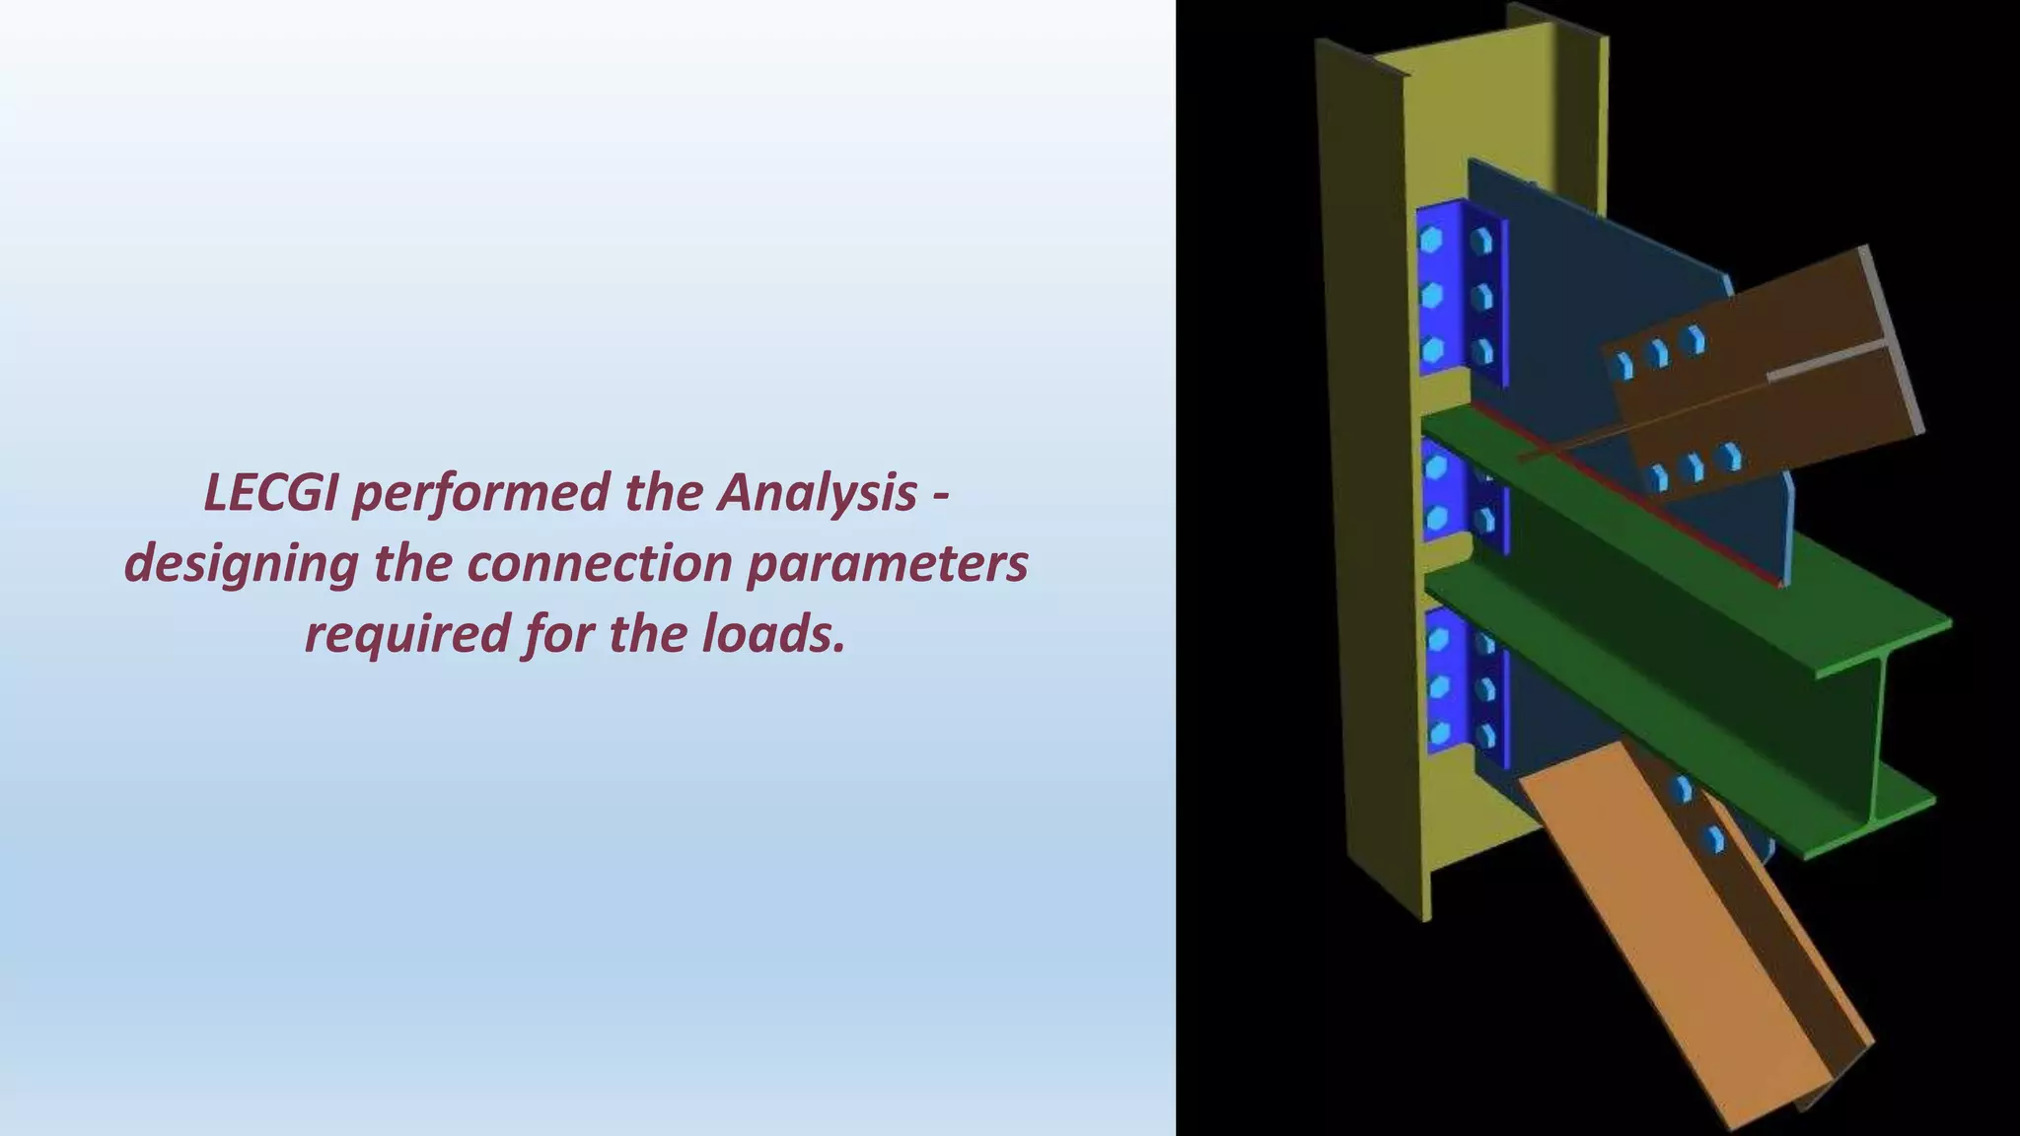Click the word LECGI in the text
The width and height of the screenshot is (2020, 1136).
coord(268,493)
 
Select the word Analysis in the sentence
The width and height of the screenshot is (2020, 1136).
coord(817,493)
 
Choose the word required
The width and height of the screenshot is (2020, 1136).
coord(406,634)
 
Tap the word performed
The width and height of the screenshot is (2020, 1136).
coord(480,493)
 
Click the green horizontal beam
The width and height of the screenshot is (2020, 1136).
coord(1677,631)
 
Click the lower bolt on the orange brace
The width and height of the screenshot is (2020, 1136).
coord(1713,839)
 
